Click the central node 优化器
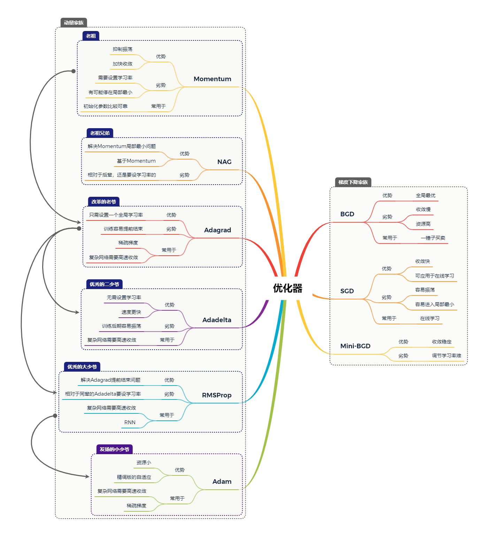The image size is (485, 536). [x=287, y=288]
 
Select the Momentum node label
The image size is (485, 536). [x=212, y=79]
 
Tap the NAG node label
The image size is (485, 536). [x=224, y=162]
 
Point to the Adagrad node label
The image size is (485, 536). [x=217, y=230]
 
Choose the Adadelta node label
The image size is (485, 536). [x=216, y=320]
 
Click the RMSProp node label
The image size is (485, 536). [x=216, y=395]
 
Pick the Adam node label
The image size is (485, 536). [x=222, y=482]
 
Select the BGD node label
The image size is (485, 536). [x=347, y=214]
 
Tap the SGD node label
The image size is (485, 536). [x=347, y=291]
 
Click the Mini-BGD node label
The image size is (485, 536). [x=355, y=346]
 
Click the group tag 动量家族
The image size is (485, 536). [x=74, y=23]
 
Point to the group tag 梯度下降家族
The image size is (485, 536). [x=353, y=182]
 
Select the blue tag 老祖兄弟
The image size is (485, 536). [x=100, y=133]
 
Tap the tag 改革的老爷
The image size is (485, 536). [x=103, y=202]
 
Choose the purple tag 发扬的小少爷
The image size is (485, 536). [x=114, y=449]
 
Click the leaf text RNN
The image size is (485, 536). [x=130, y=422]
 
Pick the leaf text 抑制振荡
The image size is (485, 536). [x=122, y=49]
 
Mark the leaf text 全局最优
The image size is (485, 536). [x=425, y=196]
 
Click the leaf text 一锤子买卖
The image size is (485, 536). [x=433, y=238]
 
